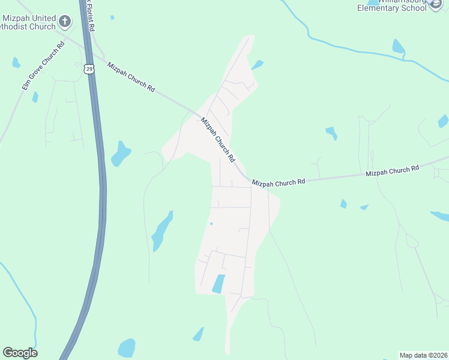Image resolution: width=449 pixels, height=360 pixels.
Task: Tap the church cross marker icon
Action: [x=65, y=23]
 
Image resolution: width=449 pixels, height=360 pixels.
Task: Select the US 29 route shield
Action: [x=89, y=69]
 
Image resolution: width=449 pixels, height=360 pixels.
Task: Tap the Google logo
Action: [x=20, y=353]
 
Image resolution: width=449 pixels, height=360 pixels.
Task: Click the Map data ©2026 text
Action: [x=423, y=355]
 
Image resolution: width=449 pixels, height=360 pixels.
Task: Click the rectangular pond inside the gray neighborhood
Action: [x=218, y=284]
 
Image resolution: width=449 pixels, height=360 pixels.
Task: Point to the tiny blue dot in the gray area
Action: [x=211, y=224]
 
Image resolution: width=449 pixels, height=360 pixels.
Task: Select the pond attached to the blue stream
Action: [x=397, y=46]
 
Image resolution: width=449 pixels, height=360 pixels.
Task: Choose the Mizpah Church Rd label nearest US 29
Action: [x=131, y=76]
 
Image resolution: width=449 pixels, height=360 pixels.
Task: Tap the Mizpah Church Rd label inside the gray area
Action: [x=217, y=139]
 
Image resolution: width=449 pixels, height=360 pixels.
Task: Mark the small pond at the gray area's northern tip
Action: [x=257, y=64]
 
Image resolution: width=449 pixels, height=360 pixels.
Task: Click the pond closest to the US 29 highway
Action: [x=121, y=154]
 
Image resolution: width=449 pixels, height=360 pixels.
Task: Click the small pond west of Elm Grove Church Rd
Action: [x=16, y=62]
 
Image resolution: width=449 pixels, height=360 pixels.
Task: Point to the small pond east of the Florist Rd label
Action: [x=112, y=17]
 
